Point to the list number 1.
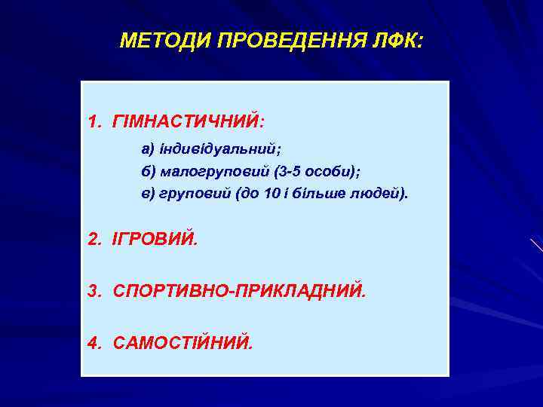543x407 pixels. click(x=93, y=121)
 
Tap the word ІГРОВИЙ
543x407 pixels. click(x=155, y=240)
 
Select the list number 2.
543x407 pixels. click(x=93, y=240)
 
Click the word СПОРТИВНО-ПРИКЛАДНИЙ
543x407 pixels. click(x=239, y=291)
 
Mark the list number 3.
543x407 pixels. click(x=93, y=291)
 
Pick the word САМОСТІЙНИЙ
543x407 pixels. click(x=183, y=343)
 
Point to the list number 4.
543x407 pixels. click(x=93, y=343)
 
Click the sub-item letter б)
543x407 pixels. click(x=148, y=170)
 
